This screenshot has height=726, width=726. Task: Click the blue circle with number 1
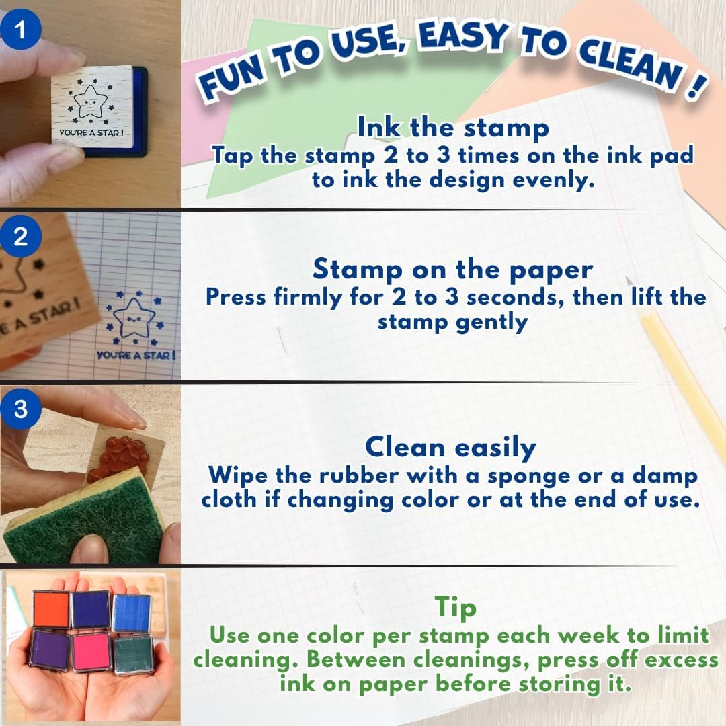20,29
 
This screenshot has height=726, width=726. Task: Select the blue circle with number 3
20,409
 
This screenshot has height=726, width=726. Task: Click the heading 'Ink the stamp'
453,127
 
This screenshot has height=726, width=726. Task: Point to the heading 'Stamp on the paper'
452,270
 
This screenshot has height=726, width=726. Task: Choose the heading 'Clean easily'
450,448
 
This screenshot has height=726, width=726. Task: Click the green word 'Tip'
455,607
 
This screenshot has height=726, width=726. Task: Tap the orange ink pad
51,609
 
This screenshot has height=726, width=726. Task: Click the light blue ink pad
132,613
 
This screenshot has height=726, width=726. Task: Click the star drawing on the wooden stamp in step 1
90,102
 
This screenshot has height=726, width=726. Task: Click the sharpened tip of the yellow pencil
629,280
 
